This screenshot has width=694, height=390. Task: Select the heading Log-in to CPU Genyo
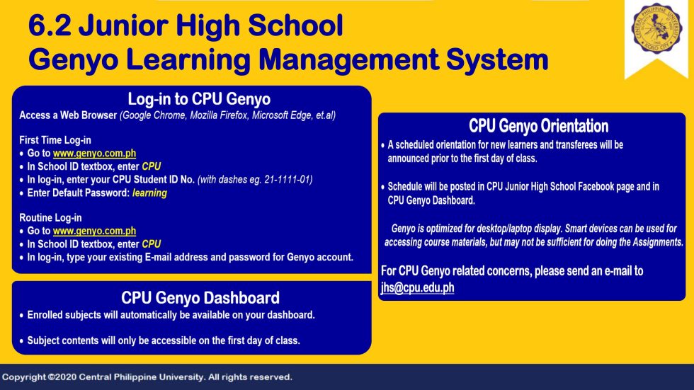tap(199, 99)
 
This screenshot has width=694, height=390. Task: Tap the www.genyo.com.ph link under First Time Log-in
tap(94, 154)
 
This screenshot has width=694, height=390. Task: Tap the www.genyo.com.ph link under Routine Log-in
tap(94, 231)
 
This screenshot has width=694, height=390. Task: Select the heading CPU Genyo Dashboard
tap(200, 298)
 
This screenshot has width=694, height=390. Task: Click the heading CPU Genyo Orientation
tap(538, 127)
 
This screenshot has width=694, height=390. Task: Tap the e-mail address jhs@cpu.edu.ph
tap(418, 287)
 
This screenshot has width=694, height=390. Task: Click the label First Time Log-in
tap(55, 140)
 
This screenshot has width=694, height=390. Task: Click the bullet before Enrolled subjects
tap(21, 315)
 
